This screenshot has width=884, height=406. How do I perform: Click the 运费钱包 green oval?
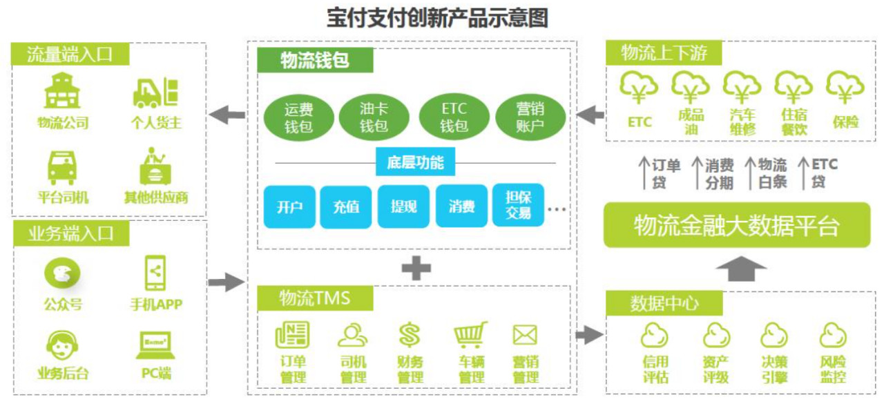[299, 117]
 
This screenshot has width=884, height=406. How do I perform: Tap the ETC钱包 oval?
[454, 117]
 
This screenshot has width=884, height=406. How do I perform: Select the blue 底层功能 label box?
[415, 162]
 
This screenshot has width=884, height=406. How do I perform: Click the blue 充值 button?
[346, 207]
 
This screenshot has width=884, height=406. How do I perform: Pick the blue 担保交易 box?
[518, 205]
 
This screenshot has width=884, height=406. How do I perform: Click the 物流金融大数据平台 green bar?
[737, 225]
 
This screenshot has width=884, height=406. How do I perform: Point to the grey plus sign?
[416, 269]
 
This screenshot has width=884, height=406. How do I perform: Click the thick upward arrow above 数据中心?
[741, 269]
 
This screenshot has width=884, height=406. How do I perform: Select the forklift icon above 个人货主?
[155, 93]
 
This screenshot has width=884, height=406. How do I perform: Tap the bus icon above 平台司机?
[62, 168]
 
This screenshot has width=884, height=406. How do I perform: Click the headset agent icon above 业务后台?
[62, 345]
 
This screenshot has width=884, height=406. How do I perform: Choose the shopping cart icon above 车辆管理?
[470, 335]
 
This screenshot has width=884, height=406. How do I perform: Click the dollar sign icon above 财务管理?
[410, 335]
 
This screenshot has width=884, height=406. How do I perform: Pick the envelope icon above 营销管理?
[525, 335]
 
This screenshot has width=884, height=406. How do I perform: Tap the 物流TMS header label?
[315, 298]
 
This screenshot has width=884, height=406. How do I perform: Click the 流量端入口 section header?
[70, 54]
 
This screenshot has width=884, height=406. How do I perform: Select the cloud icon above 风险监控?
[833, 336]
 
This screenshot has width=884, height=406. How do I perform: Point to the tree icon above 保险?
[845, 88]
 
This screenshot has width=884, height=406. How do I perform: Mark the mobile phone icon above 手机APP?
[155, 273]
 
